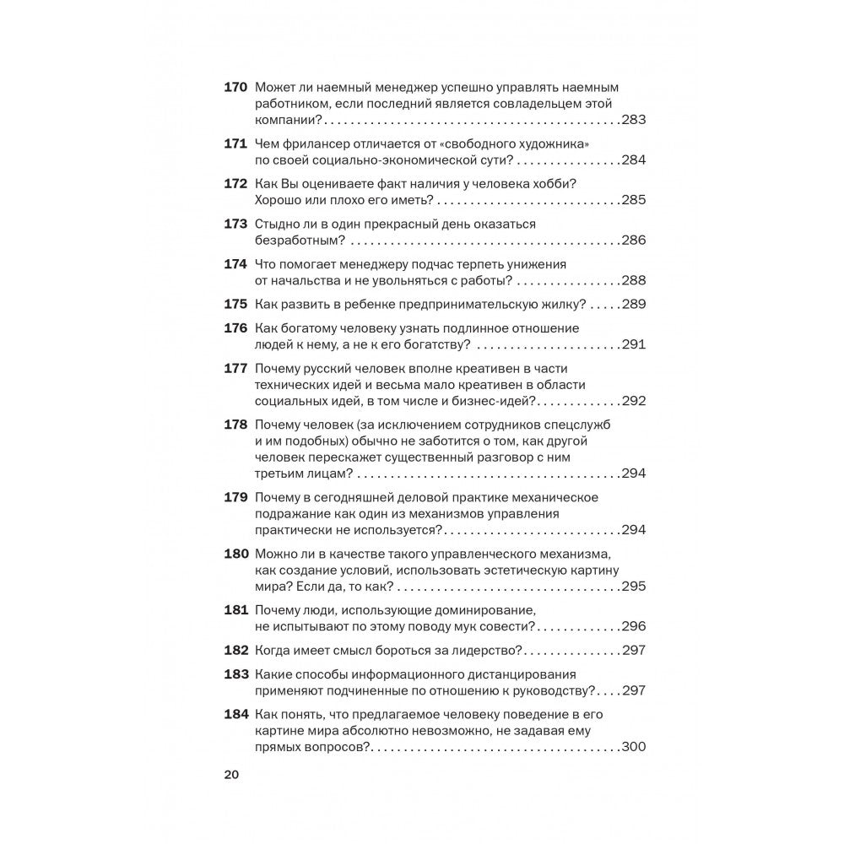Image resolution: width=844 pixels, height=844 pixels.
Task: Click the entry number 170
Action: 234,87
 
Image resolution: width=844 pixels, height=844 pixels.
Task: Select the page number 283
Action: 633,120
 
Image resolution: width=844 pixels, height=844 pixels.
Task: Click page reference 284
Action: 633,160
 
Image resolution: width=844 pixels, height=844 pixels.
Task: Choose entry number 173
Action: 234,224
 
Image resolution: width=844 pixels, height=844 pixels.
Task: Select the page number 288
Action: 633,280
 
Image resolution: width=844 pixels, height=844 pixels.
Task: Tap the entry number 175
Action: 234,304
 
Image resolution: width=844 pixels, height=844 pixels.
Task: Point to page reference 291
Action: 633,344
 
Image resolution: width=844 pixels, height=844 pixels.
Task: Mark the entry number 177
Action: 234,368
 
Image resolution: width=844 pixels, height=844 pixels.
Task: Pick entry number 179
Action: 234,497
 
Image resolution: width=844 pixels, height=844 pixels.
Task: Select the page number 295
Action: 633,587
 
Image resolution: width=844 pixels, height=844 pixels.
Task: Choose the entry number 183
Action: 234,674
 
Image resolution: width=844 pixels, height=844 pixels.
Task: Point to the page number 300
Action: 633,747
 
